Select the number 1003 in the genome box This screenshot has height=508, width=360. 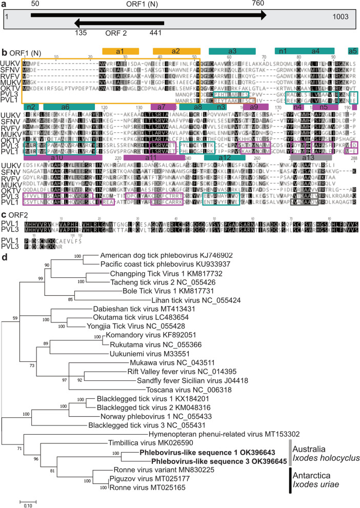[342, 17]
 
